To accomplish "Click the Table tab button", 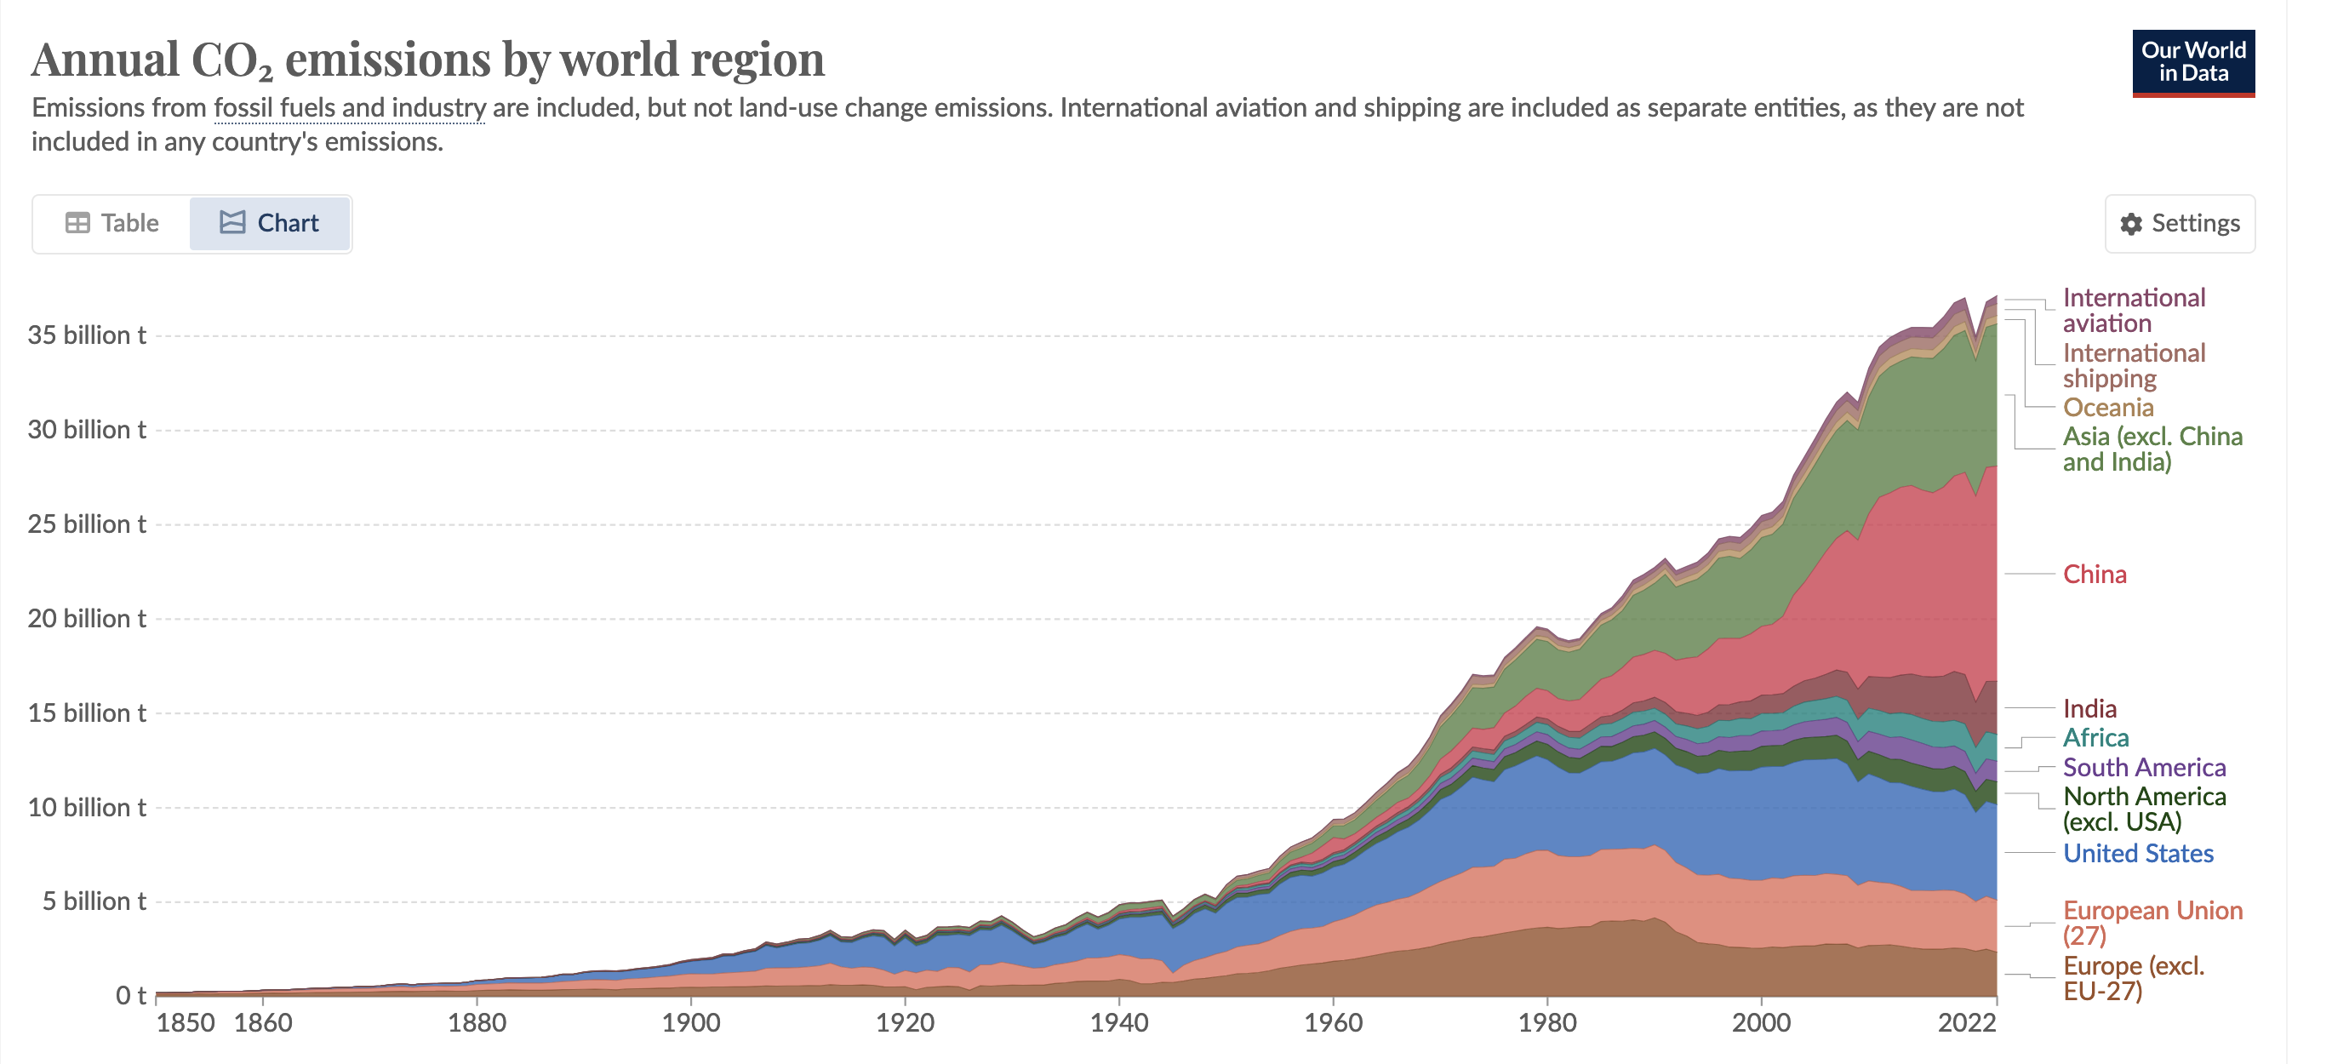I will tap(112, 223).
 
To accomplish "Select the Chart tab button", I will tap(270, 223).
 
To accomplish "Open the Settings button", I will tap(2179, 223).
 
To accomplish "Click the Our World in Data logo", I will tap(2192, 61).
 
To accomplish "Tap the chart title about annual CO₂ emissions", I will tap(427, 60).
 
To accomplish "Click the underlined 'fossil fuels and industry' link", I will tap(350, 108).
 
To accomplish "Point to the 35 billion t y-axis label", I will tap(87, 335).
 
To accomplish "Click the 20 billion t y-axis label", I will tap(87, 619).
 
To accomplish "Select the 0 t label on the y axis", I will tap(130, 995).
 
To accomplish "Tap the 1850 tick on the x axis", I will tap(186, 1023).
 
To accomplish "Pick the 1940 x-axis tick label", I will tap(1119, 1023).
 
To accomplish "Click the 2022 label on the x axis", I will tap(1966, 1023).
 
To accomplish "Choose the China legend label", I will tap(2094, 574).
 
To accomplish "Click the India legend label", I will tap(2089, 708).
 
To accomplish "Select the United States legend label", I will tap(2137, 853).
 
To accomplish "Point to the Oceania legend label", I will tap(2107, 408).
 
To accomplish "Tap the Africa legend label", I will tap(2095, 737).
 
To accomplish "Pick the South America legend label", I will tap(2144, 767).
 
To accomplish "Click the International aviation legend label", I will tap(2133, 311).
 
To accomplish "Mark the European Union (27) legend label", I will tap(2152, 922).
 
